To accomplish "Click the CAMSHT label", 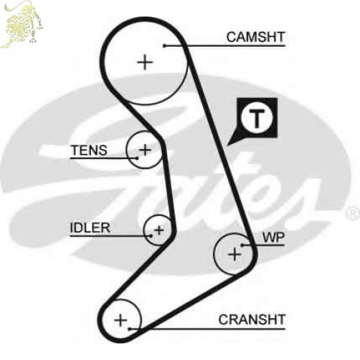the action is tap(256, 37).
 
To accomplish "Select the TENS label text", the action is tap(89, 150).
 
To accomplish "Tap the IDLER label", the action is tap(90, 228).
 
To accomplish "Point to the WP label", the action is tap(274, 238).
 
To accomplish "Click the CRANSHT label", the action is tap(252, 320).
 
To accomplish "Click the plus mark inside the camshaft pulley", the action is tap(145, 63).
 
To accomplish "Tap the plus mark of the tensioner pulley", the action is tap(145, 150).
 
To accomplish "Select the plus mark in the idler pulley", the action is tap(159, 230).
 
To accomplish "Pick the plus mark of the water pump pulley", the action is tap(234, 254).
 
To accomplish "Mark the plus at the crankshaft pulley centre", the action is tap(120, 320).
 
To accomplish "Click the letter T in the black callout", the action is tap(257, 118).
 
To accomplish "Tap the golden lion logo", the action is tap(22, 24).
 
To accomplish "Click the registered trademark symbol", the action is tap(353, 213).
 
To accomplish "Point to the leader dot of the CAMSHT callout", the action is tap(164, 45).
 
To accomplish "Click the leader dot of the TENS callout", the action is tap(137, 158).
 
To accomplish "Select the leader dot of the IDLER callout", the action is tap(151, 236).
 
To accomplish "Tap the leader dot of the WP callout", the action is tap(243, 246).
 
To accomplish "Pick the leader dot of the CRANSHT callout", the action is tap(130, 329).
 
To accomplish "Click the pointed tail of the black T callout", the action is tap(228, 145).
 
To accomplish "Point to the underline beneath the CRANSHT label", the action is tap(207, 329).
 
